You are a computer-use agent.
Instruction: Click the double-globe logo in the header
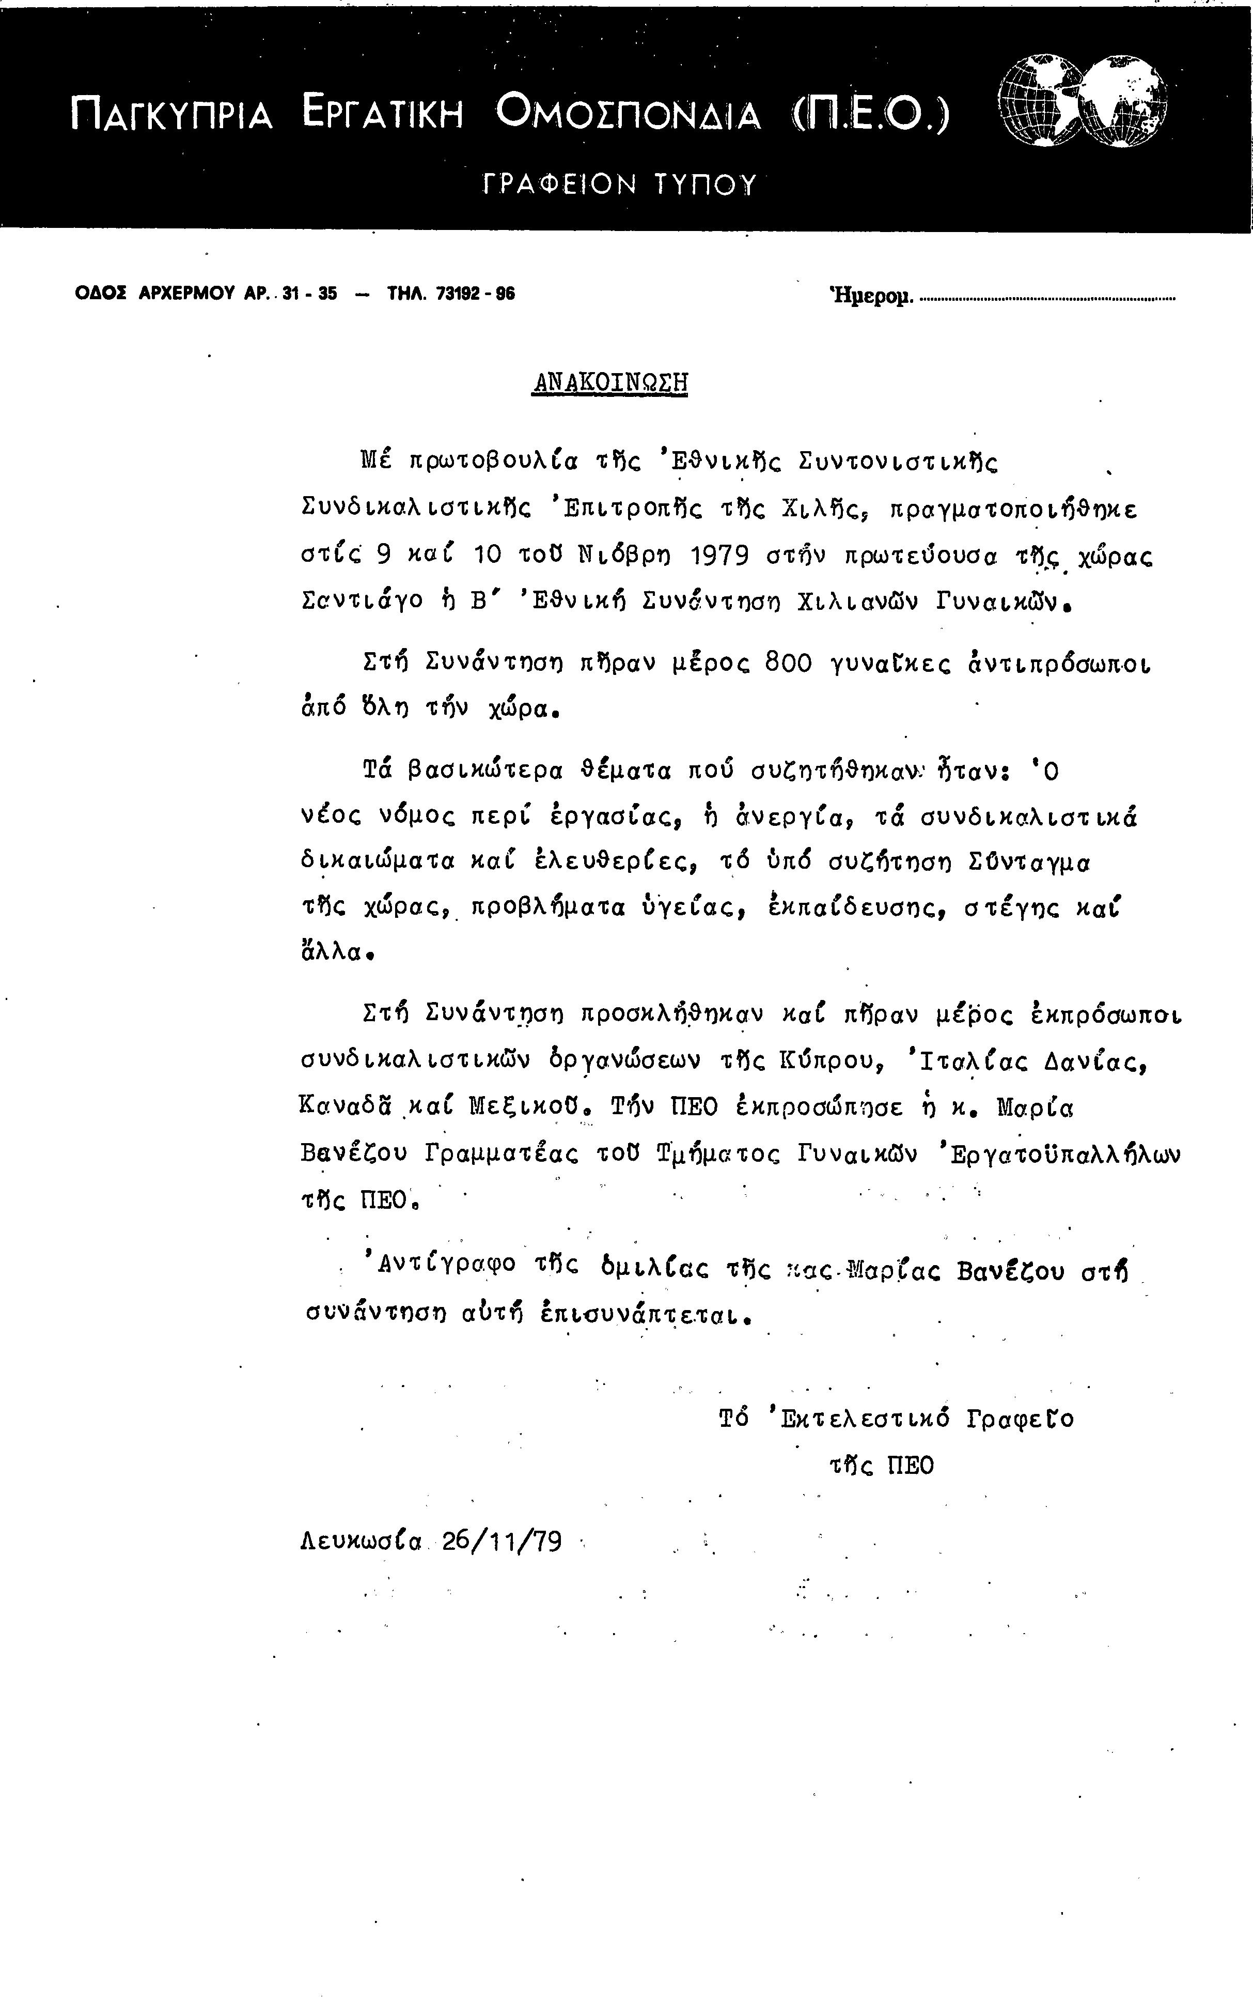pyautogui.click(x=1084, y=101)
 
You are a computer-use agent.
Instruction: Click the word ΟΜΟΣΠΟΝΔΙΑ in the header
pyautogui.click(x=628, y=114)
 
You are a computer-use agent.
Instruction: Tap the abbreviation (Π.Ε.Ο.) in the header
pyautogui.click(x=870, y=114)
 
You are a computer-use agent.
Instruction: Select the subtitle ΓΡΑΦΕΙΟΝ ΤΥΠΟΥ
pyautogui.click(x=619, y=184)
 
